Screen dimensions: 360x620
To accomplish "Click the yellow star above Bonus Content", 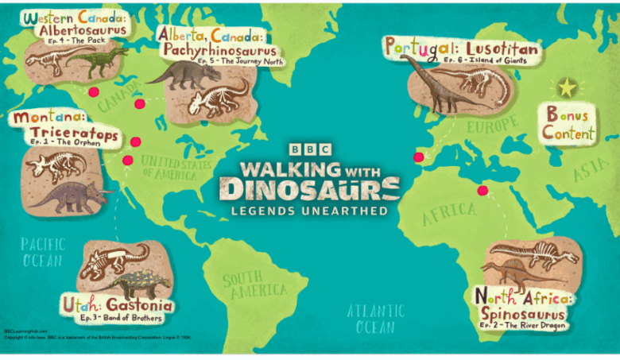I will click(566, 87).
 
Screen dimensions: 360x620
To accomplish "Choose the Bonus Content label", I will click(568, 125).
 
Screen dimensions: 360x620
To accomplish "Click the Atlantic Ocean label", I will click(374, 319).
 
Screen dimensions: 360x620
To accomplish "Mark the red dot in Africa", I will click(481, 190).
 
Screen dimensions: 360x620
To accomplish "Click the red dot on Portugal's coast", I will click(419, 157).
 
